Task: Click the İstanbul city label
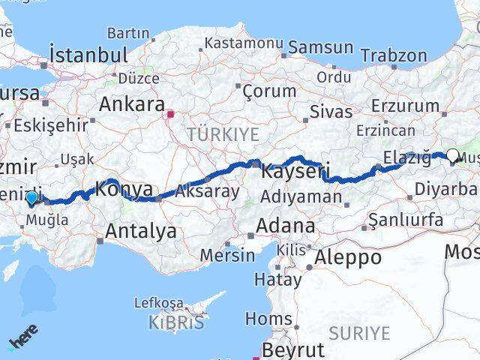coord(88,54)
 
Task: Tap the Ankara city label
coord(131,103)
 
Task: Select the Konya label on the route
coord(126,190)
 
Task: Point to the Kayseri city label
coord(295,172)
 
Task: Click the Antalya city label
coord(141,231)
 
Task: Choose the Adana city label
coord(285,225)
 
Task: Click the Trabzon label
coord(393,55)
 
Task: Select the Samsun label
coord(320,47)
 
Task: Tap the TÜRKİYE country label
coord(223,134)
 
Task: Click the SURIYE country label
coord(362,332)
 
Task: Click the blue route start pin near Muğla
coord(31,198)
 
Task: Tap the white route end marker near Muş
coord(452,156)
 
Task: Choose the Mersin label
coord(228,255)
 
